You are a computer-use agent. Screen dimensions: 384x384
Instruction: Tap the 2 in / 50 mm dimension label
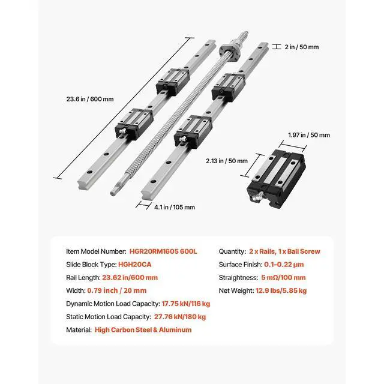coord(303,46)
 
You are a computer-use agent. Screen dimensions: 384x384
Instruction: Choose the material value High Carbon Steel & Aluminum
coord(143,330)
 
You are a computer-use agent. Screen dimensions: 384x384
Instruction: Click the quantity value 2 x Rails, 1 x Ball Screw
coord(285,251)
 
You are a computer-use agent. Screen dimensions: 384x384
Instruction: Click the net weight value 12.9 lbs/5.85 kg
coord(283,290)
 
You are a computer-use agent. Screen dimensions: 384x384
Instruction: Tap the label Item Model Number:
coord(96,251)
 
